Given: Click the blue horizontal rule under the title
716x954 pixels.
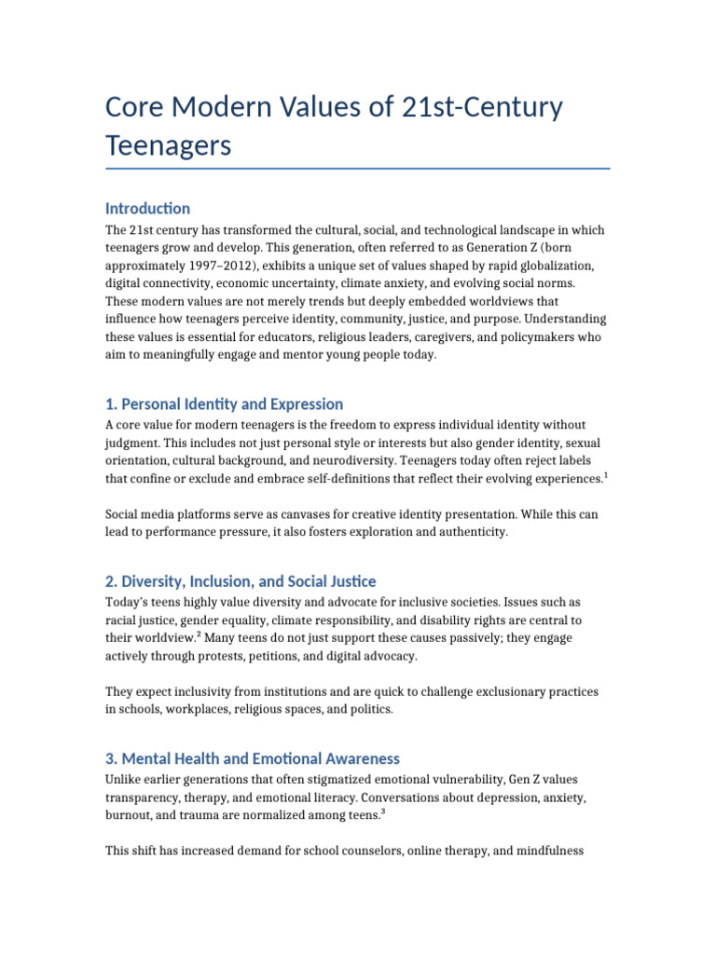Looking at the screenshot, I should click(x=358, y=169).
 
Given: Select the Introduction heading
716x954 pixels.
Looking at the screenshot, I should click(x=147, y=209).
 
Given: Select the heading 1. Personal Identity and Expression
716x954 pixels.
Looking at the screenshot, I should click(x=224, y=404).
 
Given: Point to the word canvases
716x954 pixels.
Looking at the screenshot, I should click(x=316, y=514).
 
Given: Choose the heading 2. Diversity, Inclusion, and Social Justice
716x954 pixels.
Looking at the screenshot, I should click(x=241, y=581).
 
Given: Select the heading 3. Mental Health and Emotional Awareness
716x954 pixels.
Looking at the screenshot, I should click(x=253, y=758).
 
